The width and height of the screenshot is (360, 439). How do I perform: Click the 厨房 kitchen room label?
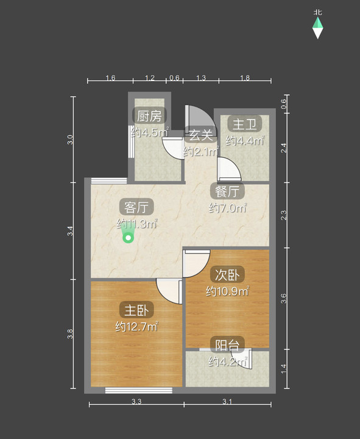pyautogui.click(x=149, y=115)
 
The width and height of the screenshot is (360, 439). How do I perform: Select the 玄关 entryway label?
pyautogui.click(x=200, y=135)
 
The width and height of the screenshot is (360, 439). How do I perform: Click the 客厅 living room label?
pyautogui.click(x=136, y=206)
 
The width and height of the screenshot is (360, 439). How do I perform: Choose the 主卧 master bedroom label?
pyautogui.click(x=136, y=309)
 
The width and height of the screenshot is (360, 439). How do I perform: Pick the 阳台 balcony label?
pyautogui.click(x=227, y=345)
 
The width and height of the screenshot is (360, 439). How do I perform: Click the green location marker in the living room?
pyautogui.click(x=128, y=236)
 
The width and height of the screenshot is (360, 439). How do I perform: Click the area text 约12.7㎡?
pyautogui.click(x=137, y=327)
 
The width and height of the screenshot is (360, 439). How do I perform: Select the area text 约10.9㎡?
pyautogui.click(x=227, y=291)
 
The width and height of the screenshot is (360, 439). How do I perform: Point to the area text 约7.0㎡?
pyautogui.click(x=227, y=209)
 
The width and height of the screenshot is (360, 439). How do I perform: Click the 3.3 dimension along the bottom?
pyautogui.click(x=136, y=401)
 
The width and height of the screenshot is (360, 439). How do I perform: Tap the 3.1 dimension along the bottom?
pyautogui.click(x=227, y=401)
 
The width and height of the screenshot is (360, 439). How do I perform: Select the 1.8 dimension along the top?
pyautogui.click(x=244, y=78)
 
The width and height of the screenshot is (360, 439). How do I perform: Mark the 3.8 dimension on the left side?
pyautogui.click(x=71, y=334)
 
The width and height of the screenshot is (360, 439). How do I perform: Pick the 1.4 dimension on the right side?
pyautogui.click(x=284, y=368)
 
